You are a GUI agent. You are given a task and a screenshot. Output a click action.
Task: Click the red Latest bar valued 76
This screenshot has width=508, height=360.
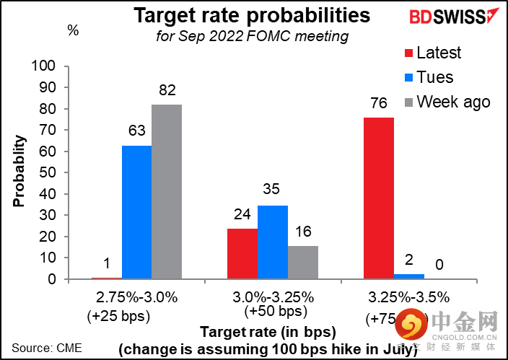pos(378,198)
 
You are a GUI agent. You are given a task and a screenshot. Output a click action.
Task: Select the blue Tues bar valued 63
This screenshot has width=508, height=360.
pos(136,212)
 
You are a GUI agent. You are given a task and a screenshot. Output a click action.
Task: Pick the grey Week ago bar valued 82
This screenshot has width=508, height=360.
pos(167,192)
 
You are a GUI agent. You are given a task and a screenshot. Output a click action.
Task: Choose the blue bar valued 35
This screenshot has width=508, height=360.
pos(273,242)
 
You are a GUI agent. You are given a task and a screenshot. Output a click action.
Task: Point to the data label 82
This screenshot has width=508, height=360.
pos(167,90)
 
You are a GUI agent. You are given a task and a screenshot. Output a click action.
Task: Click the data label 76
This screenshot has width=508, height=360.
pos(378,103)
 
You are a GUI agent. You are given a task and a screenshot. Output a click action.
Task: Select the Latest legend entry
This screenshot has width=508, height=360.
pos(430,53)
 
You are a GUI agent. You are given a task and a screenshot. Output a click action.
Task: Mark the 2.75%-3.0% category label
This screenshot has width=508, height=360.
pos(136,297)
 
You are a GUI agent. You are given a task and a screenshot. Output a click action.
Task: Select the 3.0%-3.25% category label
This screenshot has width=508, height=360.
pos(273,297)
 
